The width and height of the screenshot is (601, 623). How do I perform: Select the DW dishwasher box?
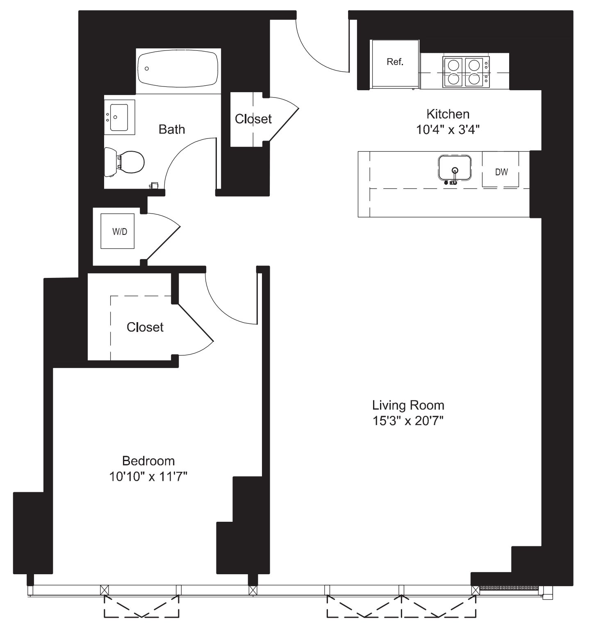pos(501,170)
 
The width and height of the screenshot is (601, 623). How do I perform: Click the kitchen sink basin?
pos(454,167)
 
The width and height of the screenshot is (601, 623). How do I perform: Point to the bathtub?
pos(178,68)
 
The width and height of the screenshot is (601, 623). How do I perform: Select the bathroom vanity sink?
pos(119,117)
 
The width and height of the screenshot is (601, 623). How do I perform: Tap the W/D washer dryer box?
pos(118,231)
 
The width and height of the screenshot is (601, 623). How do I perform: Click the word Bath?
pos(172,130)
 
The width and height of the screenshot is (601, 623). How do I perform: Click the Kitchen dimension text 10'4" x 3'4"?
pos(448,130)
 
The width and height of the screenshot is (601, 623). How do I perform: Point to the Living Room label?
pos(408,405)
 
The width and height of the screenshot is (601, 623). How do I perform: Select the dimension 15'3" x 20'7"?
pos(408,421)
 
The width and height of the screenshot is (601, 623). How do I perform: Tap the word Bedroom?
pos(148,461)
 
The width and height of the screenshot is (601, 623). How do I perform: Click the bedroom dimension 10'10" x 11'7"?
pos(148,477)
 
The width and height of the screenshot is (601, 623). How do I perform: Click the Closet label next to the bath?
pos(253,119)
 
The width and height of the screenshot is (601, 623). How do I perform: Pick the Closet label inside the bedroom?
pos(145,327)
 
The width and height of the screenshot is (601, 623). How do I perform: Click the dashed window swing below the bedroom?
pos(141,607)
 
